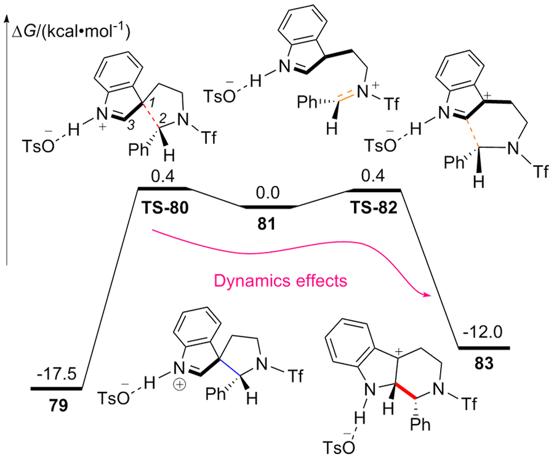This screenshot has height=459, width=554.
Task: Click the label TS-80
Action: [x=163, y=207]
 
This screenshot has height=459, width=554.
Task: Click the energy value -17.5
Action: [x=60, y=374]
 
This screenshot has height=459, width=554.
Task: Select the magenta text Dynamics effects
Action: [x=280, y=280]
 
